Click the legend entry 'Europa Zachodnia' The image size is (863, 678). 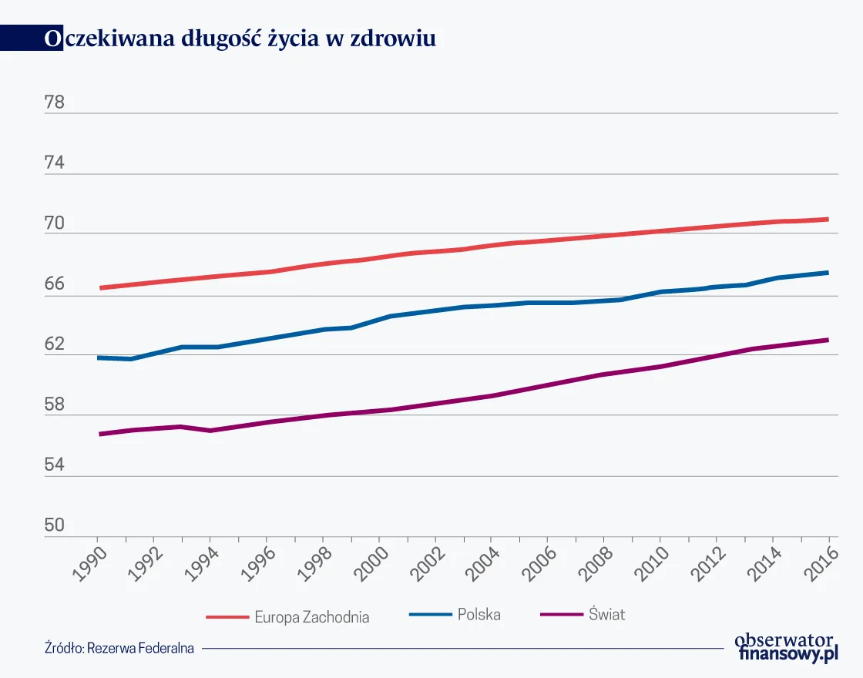click(311, 617)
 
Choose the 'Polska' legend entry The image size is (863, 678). click(479, 614)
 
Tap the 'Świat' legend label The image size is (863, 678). click(606, 614)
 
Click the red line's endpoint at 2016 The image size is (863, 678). click(828, 220)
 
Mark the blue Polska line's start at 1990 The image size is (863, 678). click(99, 357)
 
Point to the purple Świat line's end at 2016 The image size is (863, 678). click(828, 340)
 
